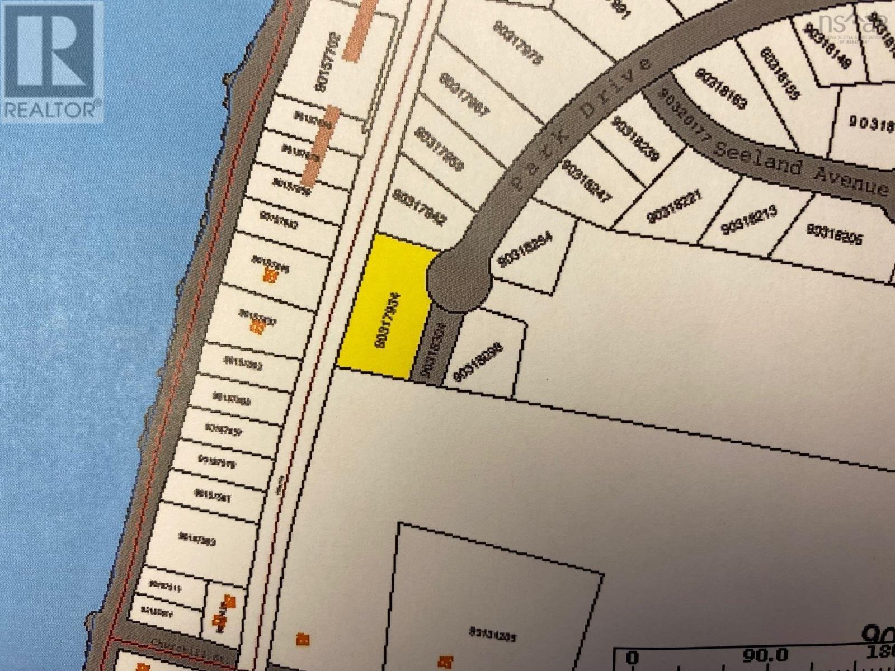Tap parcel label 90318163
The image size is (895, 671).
pos(721,89)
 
